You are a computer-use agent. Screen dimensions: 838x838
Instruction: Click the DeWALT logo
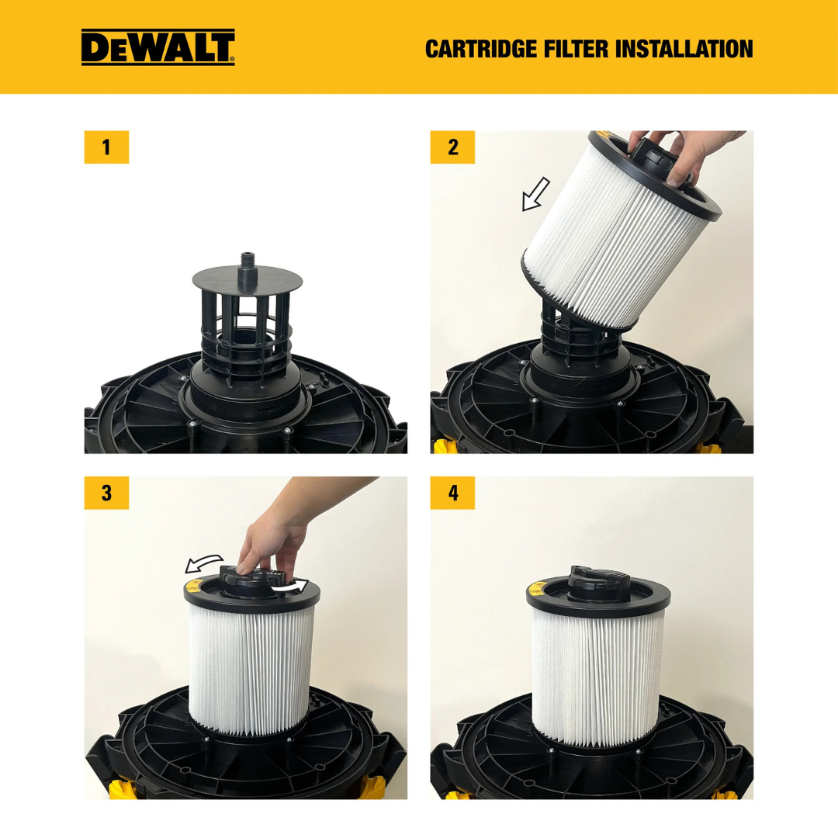point(158,47)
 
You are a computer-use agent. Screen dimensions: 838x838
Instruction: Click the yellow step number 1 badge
point(106,147)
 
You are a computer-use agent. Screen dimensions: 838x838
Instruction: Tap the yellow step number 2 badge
point(452,147)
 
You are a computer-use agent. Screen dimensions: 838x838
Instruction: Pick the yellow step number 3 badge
point(106,493)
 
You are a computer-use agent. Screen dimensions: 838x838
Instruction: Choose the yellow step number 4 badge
point(452,493)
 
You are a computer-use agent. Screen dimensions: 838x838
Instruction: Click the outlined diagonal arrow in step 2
point(535,194)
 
